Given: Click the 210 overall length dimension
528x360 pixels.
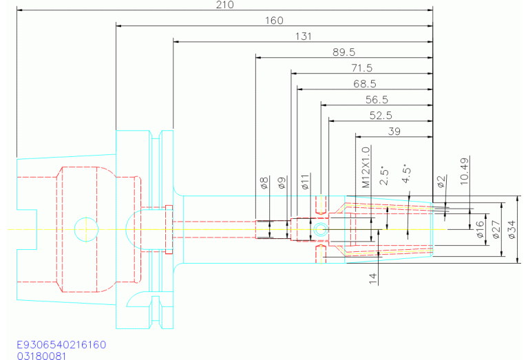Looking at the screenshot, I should [x=224, y=5].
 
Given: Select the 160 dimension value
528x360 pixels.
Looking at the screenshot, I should [x=274, y=21].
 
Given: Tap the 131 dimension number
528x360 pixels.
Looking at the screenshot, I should [x=303, y=36].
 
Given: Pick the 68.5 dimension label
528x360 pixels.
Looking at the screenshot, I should [x=364, y=84].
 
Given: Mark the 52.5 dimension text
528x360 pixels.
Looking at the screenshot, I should [x=380, y=116].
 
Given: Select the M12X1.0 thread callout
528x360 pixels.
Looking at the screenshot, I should [x=366, y=167].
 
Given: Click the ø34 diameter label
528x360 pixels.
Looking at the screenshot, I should [x=511, y=229].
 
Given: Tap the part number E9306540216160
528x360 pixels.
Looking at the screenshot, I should [x=61, y=343].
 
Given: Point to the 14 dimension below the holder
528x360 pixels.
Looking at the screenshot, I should [x=372, y=277].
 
